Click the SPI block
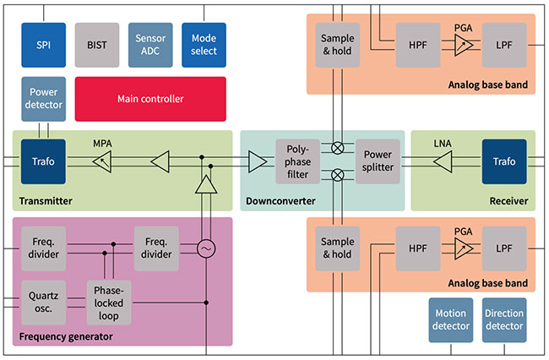tap(44, 45)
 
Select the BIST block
tap(97, 45)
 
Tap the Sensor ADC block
tap(150, 45)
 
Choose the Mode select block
tap(204, 45)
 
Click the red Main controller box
tap(150, 99)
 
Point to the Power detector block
tap(44, 99)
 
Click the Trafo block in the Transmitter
tap(44, 161)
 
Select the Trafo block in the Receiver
tap(503, 161)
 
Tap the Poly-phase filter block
tap(297, 161)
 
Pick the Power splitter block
tap(377, 161)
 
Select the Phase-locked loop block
tap(110, 301)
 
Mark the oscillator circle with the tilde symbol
tap(204, 249)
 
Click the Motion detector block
tap(449, 320)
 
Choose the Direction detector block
tap(503, 320)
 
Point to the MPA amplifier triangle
tap(102, 161)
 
